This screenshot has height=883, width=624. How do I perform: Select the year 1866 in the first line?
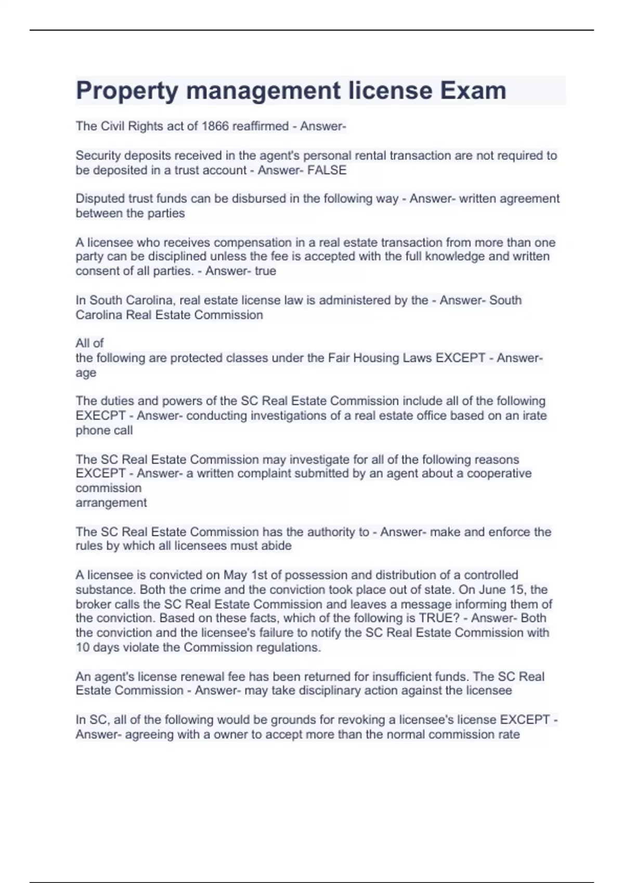215,126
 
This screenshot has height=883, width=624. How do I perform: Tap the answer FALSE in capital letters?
327,170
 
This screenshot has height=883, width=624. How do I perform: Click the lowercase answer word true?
265,271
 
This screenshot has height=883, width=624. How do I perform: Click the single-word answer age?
86,373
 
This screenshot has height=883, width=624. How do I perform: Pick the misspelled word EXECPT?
100,416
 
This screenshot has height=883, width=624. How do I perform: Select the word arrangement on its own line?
111,503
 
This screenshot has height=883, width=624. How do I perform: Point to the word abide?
277,546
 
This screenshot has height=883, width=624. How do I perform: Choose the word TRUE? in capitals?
438,618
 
